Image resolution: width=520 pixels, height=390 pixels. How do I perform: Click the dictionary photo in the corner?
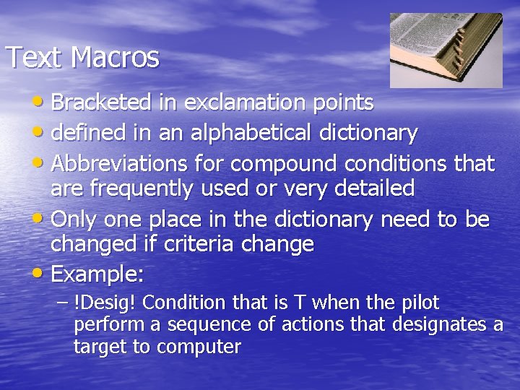pos(446,50)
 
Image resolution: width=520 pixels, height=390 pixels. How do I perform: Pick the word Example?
pos(98,274)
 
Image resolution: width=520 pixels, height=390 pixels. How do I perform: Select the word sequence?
pos(205,324)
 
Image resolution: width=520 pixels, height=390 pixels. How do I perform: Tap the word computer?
pos(199,347)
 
